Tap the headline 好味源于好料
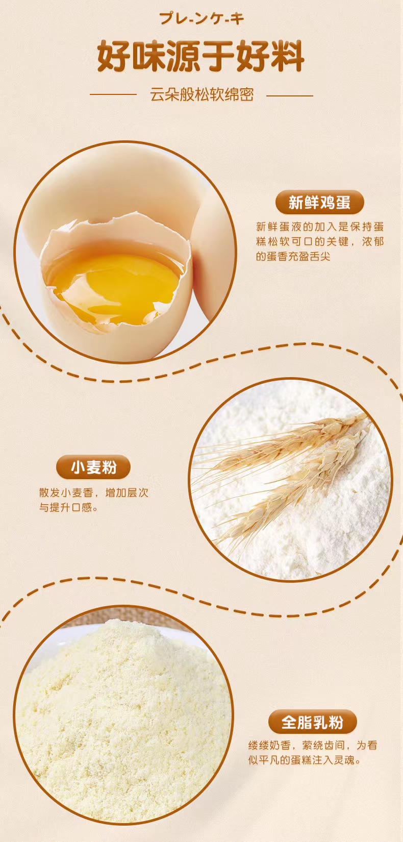tap(201, 57)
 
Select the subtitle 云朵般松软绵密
tap(202, 95)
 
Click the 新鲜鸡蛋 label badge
tap(319, 202)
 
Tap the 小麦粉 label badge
tap(93, 467)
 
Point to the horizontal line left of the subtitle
tap(113, 95)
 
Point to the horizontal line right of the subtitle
tap(289, 95)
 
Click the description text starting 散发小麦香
tap(93, 500)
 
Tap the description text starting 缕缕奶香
tap(312, 753)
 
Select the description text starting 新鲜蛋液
tap(320, 242)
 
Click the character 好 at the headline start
tap(113, 57)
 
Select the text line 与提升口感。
tap(69, 507)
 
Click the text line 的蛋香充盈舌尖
tap(293, 257)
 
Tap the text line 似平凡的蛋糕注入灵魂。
tap(305, 760)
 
